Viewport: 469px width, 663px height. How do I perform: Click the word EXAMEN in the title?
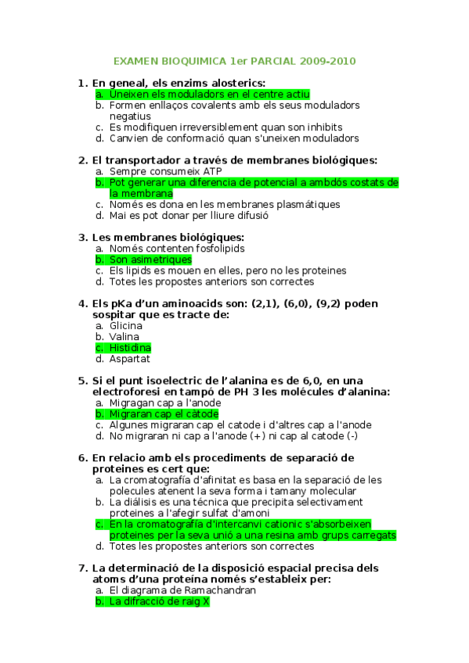133,60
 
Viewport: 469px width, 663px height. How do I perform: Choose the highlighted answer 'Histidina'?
130,348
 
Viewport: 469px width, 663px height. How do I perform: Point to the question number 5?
83,381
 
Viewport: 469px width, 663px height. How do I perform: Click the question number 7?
83,568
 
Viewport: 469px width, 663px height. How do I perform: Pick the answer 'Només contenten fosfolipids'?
177,249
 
